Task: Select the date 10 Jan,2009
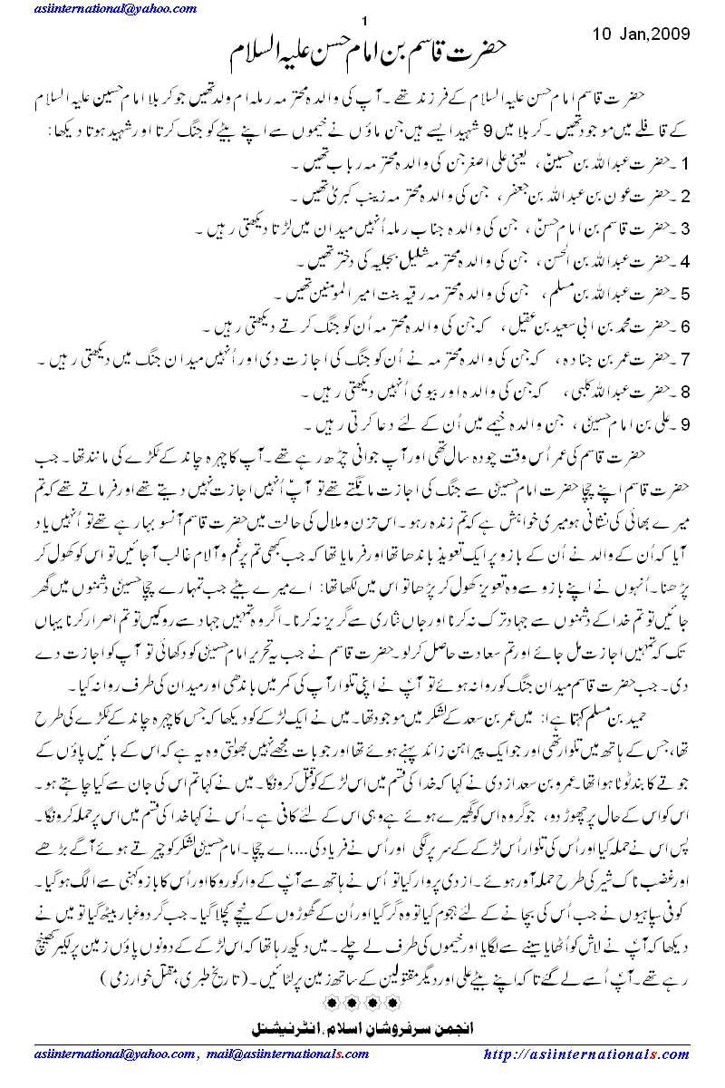(641, 34)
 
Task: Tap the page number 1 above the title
(363, 22)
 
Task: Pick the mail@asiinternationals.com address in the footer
(290, 1054)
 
